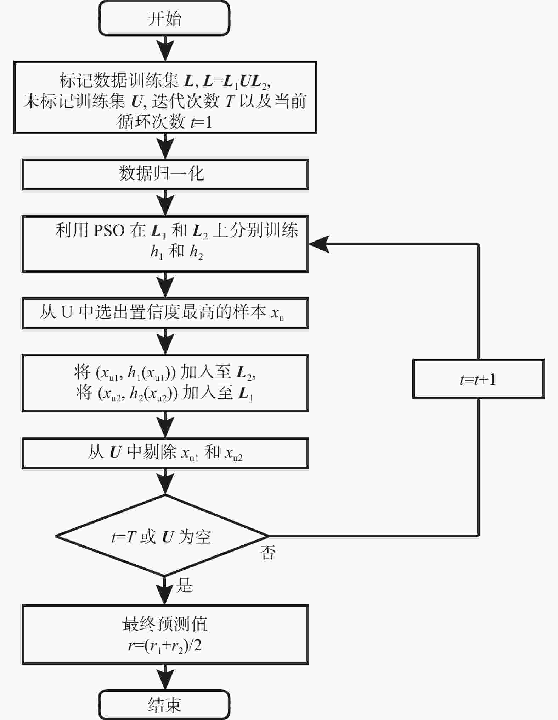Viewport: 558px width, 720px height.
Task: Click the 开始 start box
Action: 164,18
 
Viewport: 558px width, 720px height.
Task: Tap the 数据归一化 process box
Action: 165,175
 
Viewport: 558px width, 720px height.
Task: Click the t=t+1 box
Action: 478,379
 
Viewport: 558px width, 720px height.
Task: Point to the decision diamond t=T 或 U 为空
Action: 162,536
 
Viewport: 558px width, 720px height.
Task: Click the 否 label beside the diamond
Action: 268,553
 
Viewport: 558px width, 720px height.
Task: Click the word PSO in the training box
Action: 109,231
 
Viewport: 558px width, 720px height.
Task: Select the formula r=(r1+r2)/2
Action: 165,646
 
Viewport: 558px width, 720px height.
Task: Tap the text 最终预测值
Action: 165,624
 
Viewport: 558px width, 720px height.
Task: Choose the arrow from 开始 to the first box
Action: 165,48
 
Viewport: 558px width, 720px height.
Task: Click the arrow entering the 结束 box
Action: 165,677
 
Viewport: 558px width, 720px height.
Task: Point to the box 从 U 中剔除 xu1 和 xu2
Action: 165,453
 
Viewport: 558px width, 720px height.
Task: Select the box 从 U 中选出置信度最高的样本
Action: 165,314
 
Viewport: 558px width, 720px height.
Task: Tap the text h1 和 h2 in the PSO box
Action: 176,252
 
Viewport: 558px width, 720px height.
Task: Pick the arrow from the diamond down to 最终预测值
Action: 165,591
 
